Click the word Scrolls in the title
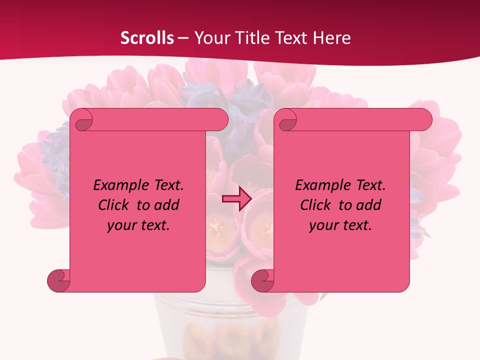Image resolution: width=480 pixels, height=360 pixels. click(147, 38)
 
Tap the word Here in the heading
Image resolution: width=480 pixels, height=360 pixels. click(331, 38)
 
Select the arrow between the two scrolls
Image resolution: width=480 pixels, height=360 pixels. click(236, 199)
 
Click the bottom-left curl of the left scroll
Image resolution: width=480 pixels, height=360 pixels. click(58, 280)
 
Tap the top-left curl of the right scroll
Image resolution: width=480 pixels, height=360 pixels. click(286, 120)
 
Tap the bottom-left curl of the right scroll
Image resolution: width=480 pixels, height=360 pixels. click(262, 280)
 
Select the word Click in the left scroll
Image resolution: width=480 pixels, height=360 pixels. click(114, 205)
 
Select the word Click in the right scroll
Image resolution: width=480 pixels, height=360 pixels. click(316, 205)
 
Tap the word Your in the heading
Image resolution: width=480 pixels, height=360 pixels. click(210, 38)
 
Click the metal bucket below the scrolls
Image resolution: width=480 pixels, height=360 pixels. click(230, 325)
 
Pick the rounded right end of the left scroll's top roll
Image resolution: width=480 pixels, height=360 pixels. click(220, 120)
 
